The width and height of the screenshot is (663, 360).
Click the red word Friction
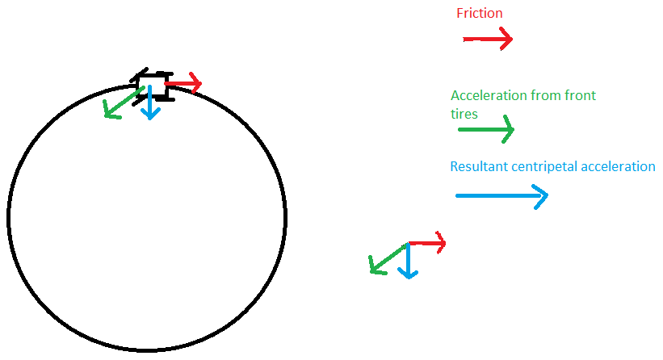tap(479, 13)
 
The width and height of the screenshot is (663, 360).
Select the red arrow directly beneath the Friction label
tap(488, 39)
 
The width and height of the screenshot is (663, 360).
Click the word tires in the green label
tap(464, 114)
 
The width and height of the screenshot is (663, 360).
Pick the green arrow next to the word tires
tap(485, 129)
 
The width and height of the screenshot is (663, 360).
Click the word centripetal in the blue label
tap(545, 167)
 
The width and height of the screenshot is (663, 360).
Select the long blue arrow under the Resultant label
tap(501, 195)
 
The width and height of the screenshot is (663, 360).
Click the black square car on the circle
tap(153, 86)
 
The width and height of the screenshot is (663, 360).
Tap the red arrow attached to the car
tap(183, 82)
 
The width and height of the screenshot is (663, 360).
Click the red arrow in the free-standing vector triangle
tap(427, 242)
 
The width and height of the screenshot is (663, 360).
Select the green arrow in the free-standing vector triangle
tap(388, 258)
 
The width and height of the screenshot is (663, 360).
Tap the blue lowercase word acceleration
tap(619, 167)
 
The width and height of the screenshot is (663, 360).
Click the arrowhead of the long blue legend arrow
tap(539, 195)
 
